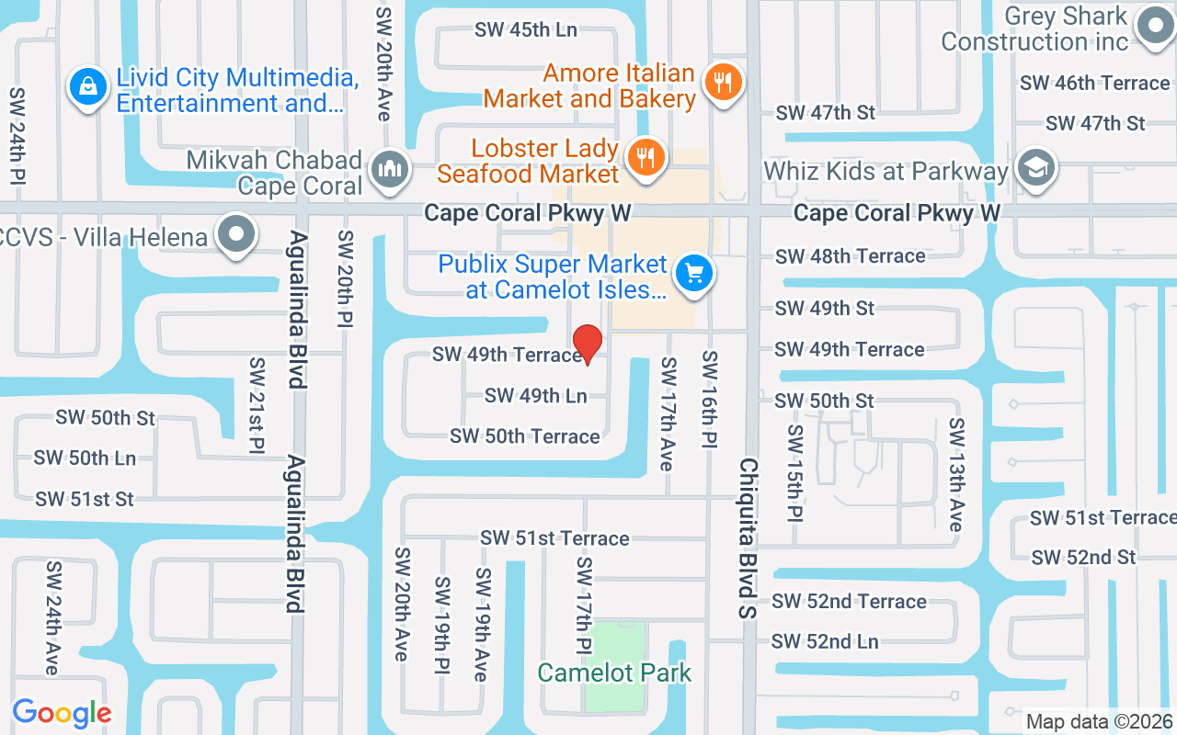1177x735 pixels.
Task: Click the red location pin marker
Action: click(587, 344)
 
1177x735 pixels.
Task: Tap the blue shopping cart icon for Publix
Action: click(694, 274)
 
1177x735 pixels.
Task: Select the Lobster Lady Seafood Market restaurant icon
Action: click(646, 157)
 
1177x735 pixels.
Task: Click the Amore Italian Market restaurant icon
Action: click(723, 83)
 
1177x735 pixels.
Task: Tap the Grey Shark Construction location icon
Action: click(1155, 28)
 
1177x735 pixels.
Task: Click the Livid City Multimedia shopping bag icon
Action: click(87, 88)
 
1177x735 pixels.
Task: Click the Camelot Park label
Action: click(614, 673)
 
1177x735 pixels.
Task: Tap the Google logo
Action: click(62, 713)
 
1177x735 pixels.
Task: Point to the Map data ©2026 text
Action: click(1099, 722)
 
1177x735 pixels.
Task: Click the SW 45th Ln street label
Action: click(525, 29)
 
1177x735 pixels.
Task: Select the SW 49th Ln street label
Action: click(535, 396)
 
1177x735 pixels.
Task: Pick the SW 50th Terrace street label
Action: click(524, 436)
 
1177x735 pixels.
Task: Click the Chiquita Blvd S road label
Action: click(747, 537)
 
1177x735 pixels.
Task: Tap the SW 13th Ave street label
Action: click(957, 474)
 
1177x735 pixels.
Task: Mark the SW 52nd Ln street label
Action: click(825, 641)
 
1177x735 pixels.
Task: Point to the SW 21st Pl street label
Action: click(257, 407)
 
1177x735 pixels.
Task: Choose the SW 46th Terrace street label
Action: click(1094, 83)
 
